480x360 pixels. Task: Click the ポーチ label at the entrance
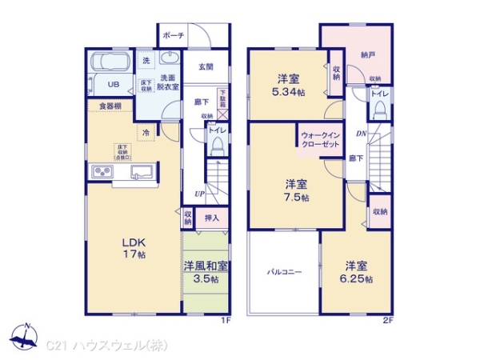pyautogui.click(x=174, y=36)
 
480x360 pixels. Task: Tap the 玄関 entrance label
pyautogui.click(x=205, y=67)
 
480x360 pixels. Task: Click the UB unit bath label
pyautogui.click(x=114, y=84)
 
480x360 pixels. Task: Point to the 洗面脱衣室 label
pyautogui.click(x=169, y=82)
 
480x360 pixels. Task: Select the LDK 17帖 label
pyautogui.click(x=133, y=248)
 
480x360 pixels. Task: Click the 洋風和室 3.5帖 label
pyautogui.click(x=206, y=272)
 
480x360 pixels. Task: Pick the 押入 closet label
pyautogui.click(x=212, y=218)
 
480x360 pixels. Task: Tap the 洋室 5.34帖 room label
pyautogui.click(x=288, y=84)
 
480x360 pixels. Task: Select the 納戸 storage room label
pyautogui.click(x=367, y=55)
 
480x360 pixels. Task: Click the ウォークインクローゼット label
pyautogui.click(x=320, y=141)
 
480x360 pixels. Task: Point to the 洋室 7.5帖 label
pyautogui.click(x=296, y=190)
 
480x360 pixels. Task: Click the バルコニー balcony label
pyautogui.click(x=284, y=272)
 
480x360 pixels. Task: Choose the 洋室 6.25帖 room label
pyautogui.click(x=356, y=272)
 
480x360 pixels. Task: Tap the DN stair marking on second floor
pyautogui.click(x=361, y=134)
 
